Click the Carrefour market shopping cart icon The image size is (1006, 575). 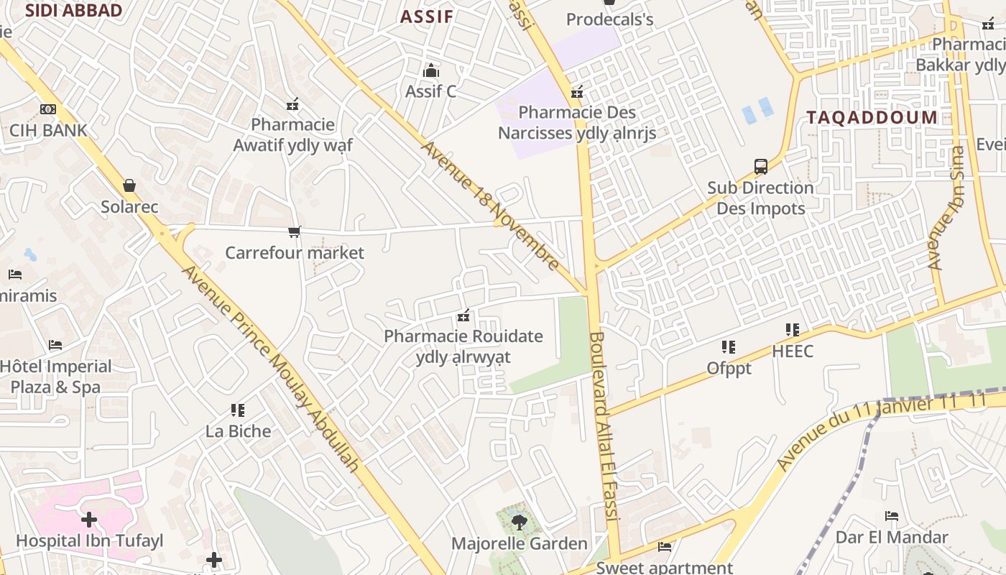(x=294, y=231)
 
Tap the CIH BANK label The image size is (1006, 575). (x=48, y=131)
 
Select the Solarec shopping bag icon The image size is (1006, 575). (x=129, y=186)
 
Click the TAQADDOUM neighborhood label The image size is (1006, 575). (x=872, y=118)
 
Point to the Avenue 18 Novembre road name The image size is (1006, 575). (x=490, y=206)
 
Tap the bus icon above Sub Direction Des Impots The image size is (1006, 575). (x=761, y=167)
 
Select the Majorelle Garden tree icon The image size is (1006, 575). (x=519, y=523)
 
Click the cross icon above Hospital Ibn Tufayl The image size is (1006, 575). (x=89, y=519)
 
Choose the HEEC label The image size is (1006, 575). (x=793, y=351)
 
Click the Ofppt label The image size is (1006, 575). (x=729, y=369)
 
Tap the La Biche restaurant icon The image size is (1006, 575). (x=238, y=410)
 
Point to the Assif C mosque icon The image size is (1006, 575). (x=431, y=70)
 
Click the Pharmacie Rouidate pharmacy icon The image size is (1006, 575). (x=463, y=316)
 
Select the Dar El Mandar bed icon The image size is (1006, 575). (x=892, y=516)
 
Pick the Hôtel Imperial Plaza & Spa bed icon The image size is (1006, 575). (x=55, y=345)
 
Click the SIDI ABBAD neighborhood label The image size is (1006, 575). (x=73, y=10)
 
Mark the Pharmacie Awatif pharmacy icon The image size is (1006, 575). (x=292, y=104)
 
